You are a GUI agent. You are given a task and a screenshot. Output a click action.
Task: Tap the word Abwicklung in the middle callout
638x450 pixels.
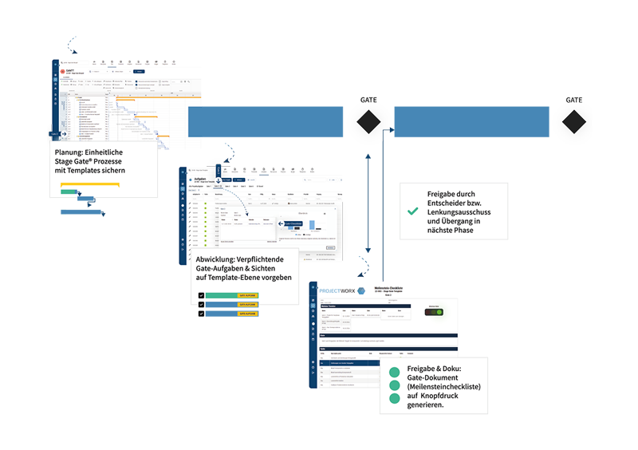pos(215,260)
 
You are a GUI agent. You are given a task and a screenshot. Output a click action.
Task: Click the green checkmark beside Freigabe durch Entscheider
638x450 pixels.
pos(412,211)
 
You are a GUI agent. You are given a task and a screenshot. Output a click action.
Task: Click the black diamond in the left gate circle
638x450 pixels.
pos(368,122)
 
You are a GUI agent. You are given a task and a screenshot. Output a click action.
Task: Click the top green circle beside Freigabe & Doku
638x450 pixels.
pos(393,372)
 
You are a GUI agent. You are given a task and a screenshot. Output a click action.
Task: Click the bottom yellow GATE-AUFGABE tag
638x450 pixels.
pos(247,314)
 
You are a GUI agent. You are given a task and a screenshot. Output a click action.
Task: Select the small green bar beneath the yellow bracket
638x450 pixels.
pos(70,191)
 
